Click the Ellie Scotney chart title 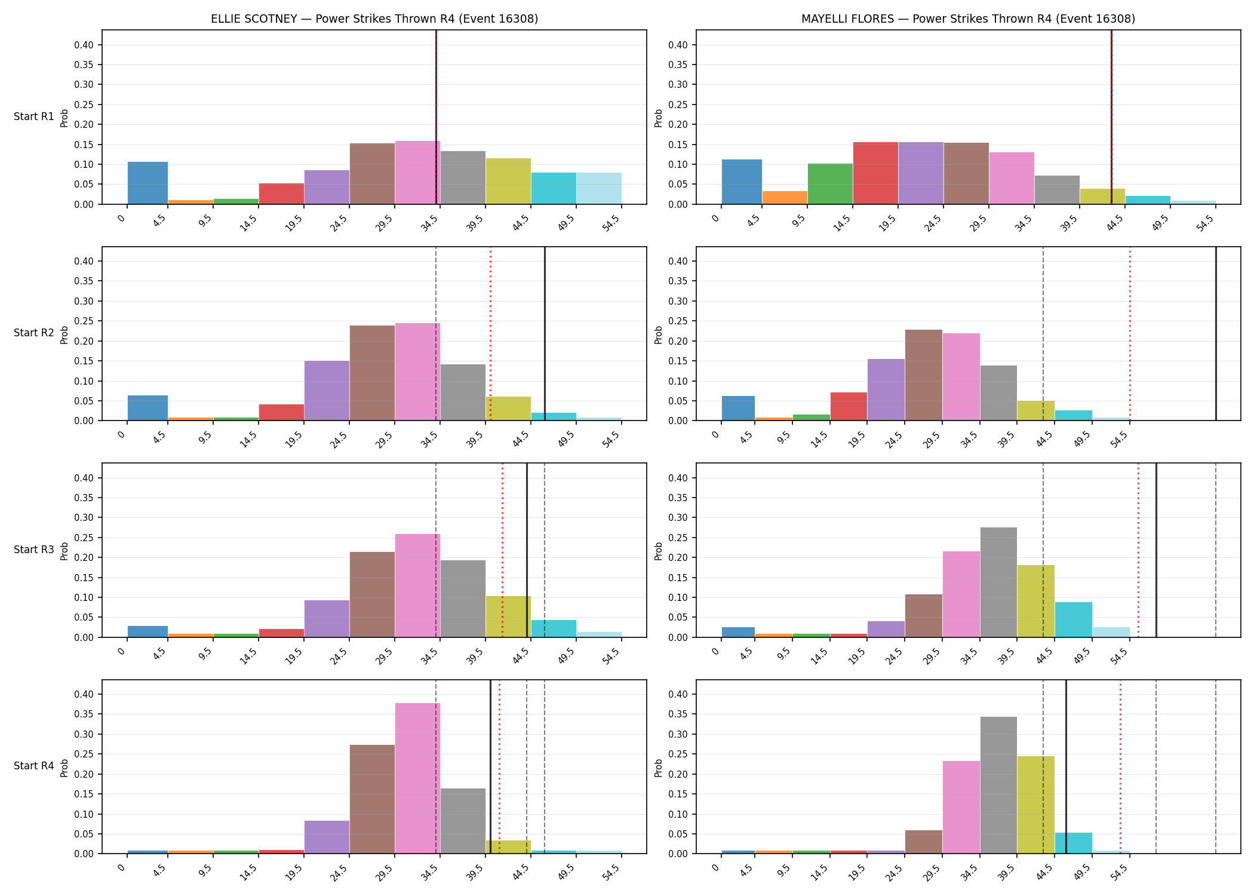(374, 19)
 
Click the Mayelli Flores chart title (968, 19)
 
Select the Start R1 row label (34, 116)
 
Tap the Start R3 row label (34, 550)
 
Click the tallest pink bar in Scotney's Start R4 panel (417, 778)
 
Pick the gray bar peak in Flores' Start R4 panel (998, 785)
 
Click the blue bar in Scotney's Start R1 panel (147, 183)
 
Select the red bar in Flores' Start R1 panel (875, 173)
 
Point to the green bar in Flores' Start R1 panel (830, 184)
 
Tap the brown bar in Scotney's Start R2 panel (372, 373)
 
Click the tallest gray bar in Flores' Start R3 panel (998, 582)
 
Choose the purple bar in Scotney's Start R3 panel (327, 619)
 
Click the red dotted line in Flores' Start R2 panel (1130, 334)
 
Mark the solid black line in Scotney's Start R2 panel (545, 334)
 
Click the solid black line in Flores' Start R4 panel (1066, 767)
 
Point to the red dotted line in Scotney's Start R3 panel (502, 550)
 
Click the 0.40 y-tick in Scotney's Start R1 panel (84, 45)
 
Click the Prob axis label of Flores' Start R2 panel (659, 335)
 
